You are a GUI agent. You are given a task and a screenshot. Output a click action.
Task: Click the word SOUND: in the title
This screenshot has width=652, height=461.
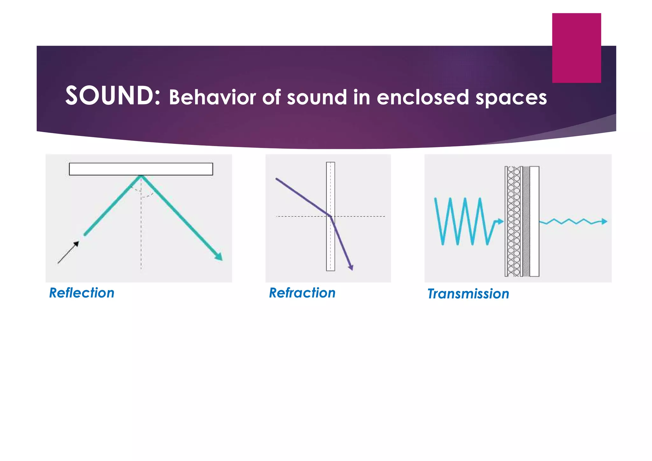[113, 96]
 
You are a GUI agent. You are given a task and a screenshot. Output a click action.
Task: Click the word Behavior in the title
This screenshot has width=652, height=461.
[212, 97]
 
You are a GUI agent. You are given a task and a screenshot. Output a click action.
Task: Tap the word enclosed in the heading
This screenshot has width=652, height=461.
[423, 97]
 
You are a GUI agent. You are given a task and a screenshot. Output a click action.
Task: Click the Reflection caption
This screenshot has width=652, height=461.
[81, 293]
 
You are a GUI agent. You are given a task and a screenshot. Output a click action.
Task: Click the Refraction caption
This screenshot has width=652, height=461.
[302, 293]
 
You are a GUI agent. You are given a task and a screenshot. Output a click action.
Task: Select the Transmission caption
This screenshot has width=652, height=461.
[468, 294]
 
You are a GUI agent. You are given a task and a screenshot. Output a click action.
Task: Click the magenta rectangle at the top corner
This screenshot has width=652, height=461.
[576, 48]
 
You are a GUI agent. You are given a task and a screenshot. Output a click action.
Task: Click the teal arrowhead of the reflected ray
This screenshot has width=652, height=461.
[219, 257]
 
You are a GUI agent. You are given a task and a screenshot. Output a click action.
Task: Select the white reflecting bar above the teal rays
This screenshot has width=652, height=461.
[141, 169]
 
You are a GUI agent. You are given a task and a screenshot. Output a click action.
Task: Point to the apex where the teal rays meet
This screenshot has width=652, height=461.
[141, 176]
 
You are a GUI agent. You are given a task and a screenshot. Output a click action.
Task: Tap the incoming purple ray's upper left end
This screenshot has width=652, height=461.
[277, 180]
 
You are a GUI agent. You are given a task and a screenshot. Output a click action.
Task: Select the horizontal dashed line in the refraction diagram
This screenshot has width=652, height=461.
[299, 216]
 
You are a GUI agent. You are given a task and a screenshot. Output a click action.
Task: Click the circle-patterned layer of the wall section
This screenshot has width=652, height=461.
[513, 221]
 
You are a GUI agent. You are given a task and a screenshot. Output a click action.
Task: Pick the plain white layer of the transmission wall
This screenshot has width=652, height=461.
[534, 221]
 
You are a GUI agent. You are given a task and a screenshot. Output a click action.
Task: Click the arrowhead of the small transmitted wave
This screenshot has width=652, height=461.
[604, 222]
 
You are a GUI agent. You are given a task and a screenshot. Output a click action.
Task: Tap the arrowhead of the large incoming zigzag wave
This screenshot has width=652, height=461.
[500, 222]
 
